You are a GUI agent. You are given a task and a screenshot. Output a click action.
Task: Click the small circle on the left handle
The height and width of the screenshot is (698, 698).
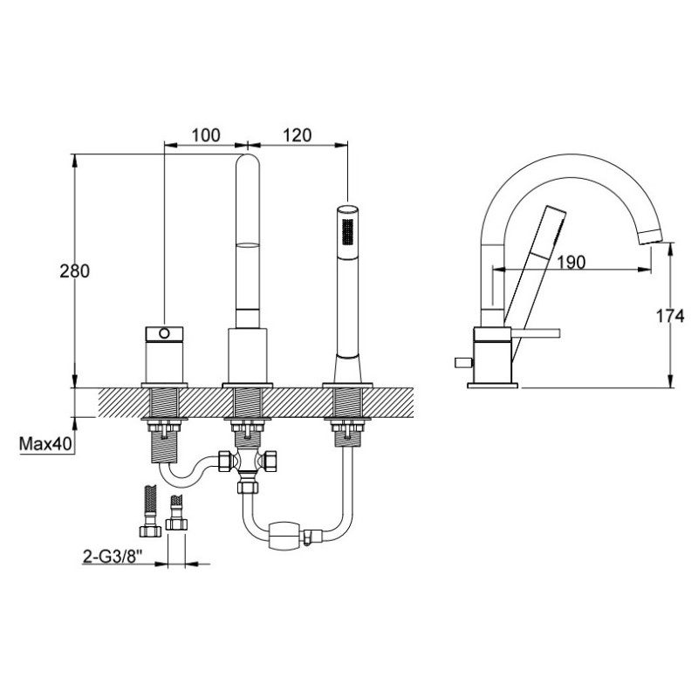pyautogui.click(x=163, y=333)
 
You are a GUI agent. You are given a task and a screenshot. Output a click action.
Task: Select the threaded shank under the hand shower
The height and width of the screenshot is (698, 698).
pyautogui.click(x=348, y=405)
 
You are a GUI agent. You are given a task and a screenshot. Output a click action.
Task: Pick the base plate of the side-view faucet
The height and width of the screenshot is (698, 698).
pyautogui.click(x=493, y=381)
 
